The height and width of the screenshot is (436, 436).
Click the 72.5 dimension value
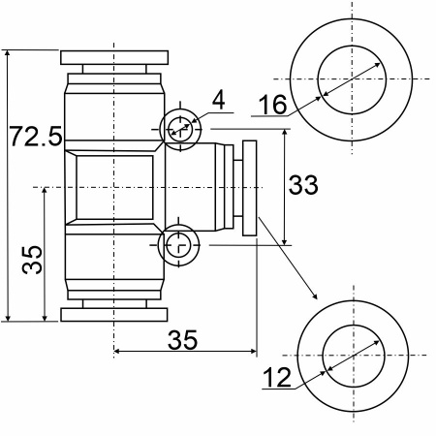click(x=36, y=137)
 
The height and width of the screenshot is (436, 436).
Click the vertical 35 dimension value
click(x=32, y=260)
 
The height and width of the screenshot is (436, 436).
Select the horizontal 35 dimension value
click(x=182, y=340)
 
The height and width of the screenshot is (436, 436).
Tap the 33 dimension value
click(x=303, y=185)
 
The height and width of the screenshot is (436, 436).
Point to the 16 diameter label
click(x=273, y=105)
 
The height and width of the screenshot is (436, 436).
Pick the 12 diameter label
click(x=277, y=378)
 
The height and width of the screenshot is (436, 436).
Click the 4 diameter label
click(x=219, y=101)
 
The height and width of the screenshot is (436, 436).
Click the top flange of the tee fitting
click(x=114, y=57)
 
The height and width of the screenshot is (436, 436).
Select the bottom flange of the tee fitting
click(x=114, y=315)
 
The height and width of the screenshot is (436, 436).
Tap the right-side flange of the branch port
click(x=250, y=188)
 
